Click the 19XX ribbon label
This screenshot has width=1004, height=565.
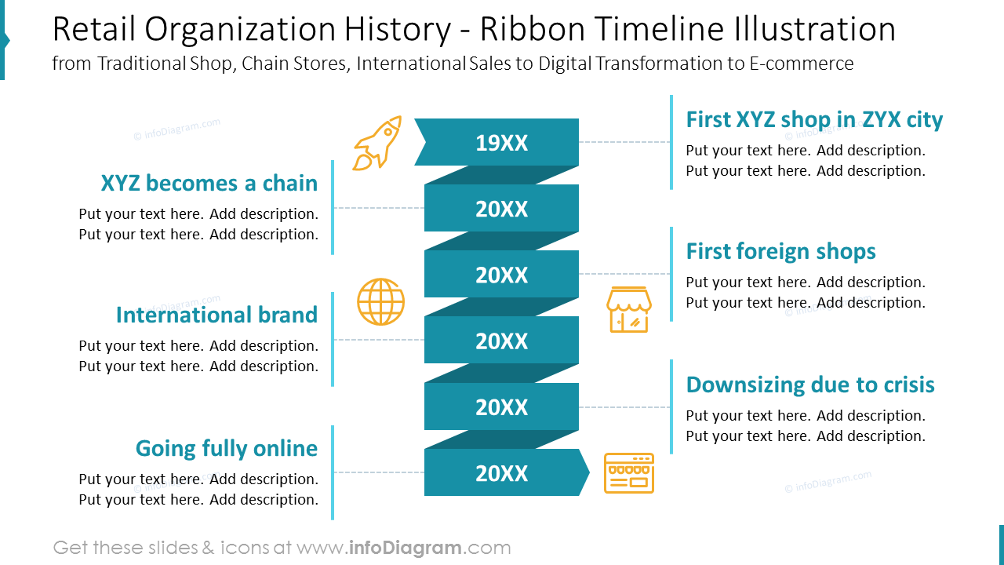pos(501,143)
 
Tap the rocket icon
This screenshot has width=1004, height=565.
pos(378,143)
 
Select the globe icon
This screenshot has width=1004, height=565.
pos(381,302)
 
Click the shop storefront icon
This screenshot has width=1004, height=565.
pos(629,309)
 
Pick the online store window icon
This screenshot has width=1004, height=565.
pos(629,473)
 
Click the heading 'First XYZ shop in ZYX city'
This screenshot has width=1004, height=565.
pos(814,120)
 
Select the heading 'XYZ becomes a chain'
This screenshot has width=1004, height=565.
pos(209,184)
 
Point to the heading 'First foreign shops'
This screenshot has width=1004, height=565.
pos(780,252)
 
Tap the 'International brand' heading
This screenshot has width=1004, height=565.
pos(216,315)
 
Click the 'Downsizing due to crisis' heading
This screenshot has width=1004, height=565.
pos(810,385)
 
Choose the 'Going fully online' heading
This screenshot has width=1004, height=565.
pos(227,449)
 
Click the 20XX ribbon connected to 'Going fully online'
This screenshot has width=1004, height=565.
pos(501,473)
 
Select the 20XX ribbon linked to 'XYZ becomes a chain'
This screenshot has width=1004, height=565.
pos(501,209)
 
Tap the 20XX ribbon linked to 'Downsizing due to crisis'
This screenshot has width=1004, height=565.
pos(501,407)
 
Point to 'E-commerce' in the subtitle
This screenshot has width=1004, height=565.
pos(802,64)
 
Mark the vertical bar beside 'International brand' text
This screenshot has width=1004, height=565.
pos(333,339)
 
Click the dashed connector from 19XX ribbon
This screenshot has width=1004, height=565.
pos(624,142)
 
